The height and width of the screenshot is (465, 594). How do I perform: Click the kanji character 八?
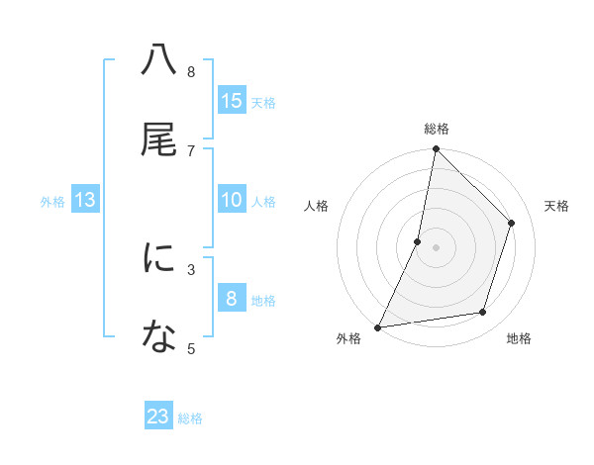coord(159,60)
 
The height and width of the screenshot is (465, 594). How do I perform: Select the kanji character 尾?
coord(159,139)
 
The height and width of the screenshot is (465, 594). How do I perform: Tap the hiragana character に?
coord(159,258)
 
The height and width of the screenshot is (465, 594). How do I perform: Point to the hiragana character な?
coord(159,337)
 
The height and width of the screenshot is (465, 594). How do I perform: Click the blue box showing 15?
coord(232,101)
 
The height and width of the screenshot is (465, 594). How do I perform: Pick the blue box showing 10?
coord(232,200)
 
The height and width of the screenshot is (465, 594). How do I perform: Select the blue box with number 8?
coord(232,299)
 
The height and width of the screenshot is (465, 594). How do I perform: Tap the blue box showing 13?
coord(85,200)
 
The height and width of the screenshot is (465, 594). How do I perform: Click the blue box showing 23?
coord(158,417)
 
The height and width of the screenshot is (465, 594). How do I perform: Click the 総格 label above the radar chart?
coord(437,129)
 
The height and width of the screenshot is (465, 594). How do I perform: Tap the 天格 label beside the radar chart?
coord(556,206)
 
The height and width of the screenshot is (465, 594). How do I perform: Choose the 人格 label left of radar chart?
coord(316,206)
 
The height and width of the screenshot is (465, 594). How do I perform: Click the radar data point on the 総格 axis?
coord(436,148)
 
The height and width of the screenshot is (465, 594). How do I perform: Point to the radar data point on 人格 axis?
coord(418,241)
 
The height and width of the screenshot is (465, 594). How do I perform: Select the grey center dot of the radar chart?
coord(436,247)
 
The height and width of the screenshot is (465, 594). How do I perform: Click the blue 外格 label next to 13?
coord(52,202)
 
